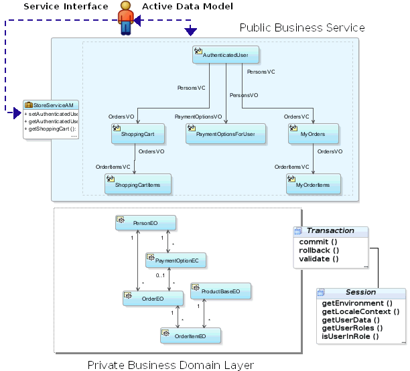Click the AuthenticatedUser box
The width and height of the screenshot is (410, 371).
(x=226, y=55)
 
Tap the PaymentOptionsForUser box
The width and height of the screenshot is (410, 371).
(x=225, y=133)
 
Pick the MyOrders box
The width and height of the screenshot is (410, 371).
(x=313, y=133)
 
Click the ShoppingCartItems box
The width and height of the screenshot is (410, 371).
(x=137, y=183)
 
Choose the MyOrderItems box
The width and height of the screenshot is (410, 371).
(x=313, y=183)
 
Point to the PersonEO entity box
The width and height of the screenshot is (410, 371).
(x=145, y=223)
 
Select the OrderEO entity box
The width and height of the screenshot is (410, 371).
(x=153, y=298)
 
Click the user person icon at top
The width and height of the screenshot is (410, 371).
(x=125, y=17)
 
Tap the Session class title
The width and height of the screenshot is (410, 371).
(x=361, y=292)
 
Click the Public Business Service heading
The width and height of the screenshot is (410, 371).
(x=302, y=27)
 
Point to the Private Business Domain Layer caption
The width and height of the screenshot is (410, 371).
(x=171, y=365)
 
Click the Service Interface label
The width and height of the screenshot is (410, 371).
(x=66, y=6)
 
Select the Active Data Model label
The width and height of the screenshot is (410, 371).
(x=188, y=6)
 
